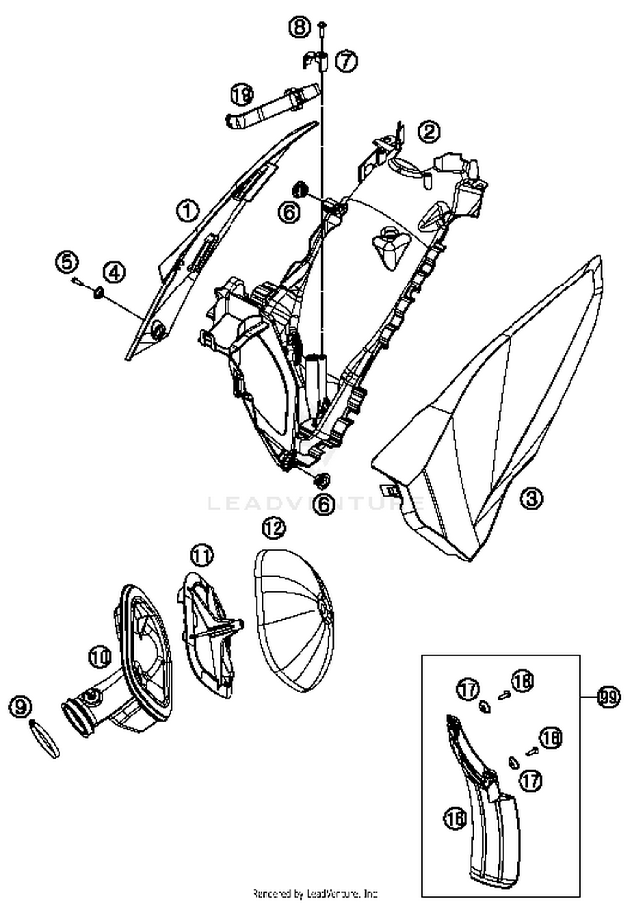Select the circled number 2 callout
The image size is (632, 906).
429,132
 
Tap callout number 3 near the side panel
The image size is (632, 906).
531,498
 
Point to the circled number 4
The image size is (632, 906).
115,273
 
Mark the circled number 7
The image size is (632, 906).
346,61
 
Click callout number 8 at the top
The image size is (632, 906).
300,27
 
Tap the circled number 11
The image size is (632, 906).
202,556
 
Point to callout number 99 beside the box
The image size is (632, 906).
608,697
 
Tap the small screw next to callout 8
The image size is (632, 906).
321,27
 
